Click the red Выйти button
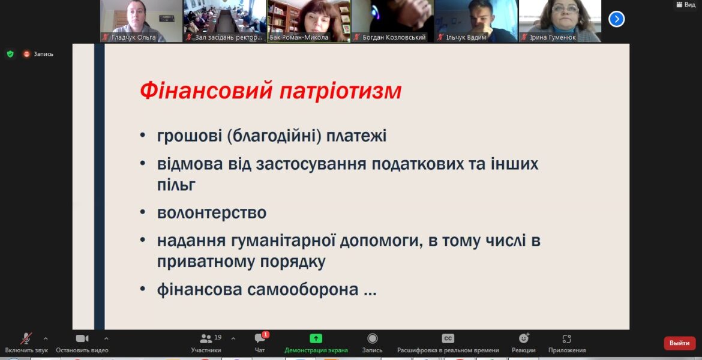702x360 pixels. pos(680,343)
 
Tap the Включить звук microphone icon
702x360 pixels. pos(26,338)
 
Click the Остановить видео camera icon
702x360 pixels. pos(82,338)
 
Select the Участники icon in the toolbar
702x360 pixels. pos(206,338)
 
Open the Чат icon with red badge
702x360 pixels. pos(260,338)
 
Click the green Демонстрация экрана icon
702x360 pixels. pos(316,338)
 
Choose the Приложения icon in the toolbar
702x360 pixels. pos(567,338)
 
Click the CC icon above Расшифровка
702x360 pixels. pos(448,338)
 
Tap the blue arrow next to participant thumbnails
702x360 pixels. pos(616,19)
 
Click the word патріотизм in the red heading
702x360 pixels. pos(341,91)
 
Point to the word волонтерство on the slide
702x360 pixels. pos(212,212)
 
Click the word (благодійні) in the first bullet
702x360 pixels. pos(274,136)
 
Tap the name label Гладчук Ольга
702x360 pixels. pos(133,37)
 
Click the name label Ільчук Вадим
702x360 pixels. pos(466,37)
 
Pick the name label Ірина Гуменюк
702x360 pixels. pos(553,37)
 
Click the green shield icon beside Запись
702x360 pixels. pos(10,54)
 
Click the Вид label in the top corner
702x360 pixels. pos(690,4)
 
